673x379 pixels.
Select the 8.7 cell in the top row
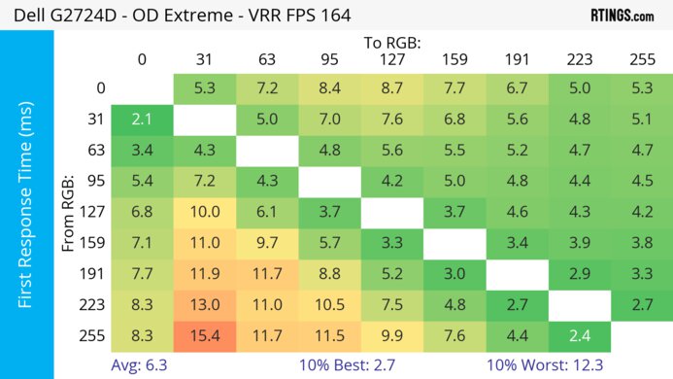coord(392,89)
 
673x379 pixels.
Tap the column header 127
coord(392,58)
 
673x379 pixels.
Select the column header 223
coord(579,58)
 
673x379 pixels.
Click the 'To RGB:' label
coord(391,42)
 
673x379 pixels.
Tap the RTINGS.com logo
coord(622,16)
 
